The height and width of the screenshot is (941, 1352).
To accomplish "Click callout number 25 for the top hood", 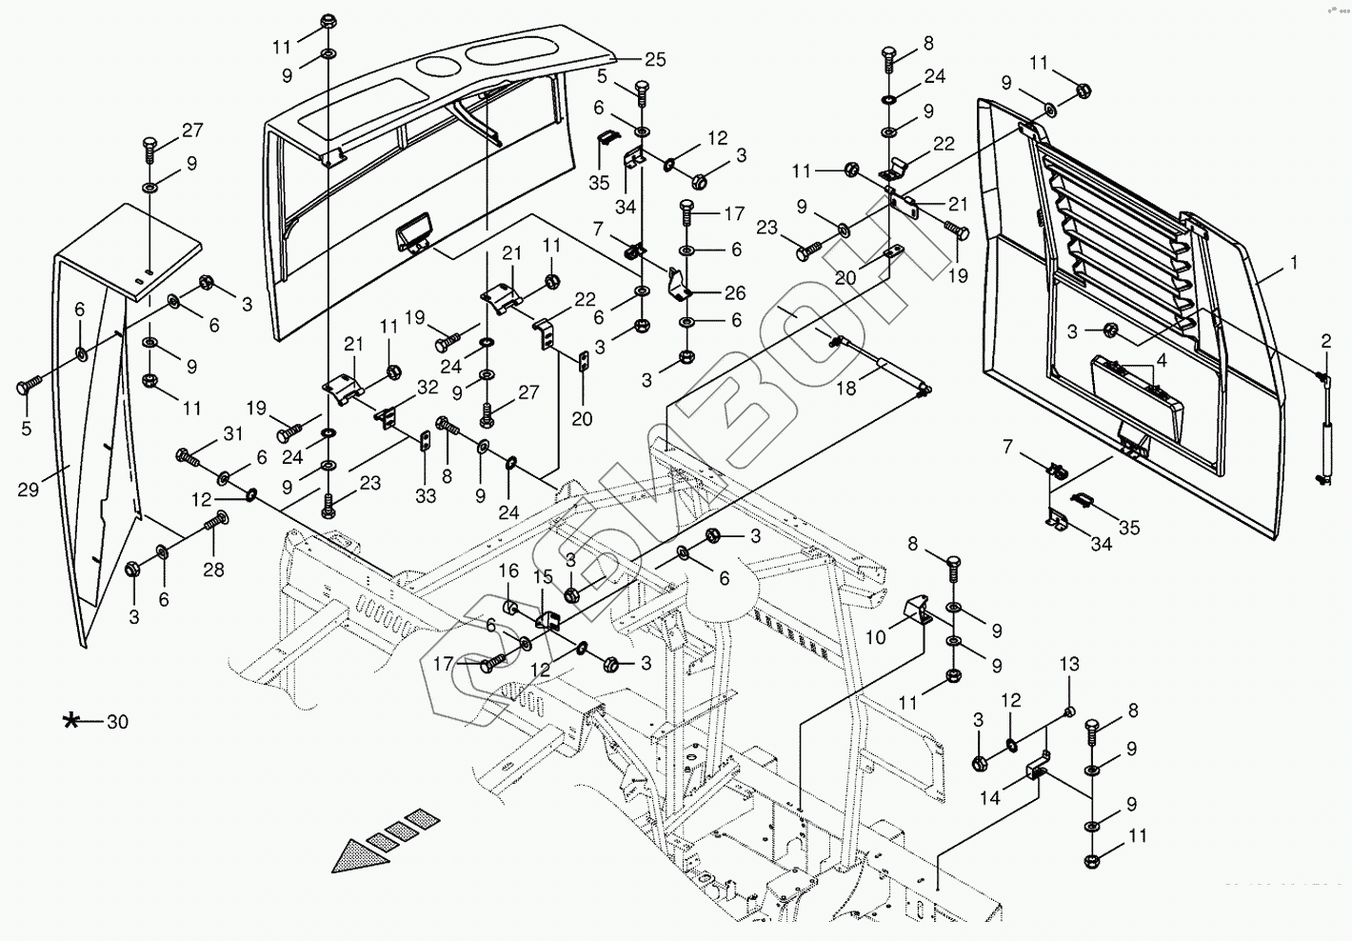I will point(654,59).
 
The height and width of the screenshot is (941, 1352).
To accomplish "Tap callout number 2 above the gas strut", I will point(1324,340).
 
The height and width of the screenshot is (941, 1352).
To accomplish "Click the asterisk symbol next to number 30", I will point(71,721).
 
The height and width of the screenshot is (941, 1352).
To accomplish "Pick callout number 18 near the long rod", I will point(845,388).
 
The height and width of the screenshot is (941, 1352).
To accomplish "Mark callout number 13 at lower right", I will point(1069,663).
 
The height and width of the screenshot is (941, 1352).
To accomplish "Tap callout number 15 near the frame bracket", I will point(542,577).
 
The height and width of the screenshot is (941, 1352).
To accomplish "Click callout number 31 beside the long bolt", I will point(233,433).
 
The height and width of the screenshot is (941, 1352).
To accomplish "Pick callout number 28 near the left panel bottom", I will point(213,570).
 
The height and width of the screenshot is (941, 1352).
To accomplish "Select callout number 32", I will point(427,388).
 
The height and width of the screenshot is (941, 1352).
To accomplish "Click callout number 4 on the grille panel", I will point(1160,362).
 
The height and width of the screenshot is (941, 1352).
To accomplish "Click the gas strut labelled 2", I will point(1322,429).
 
